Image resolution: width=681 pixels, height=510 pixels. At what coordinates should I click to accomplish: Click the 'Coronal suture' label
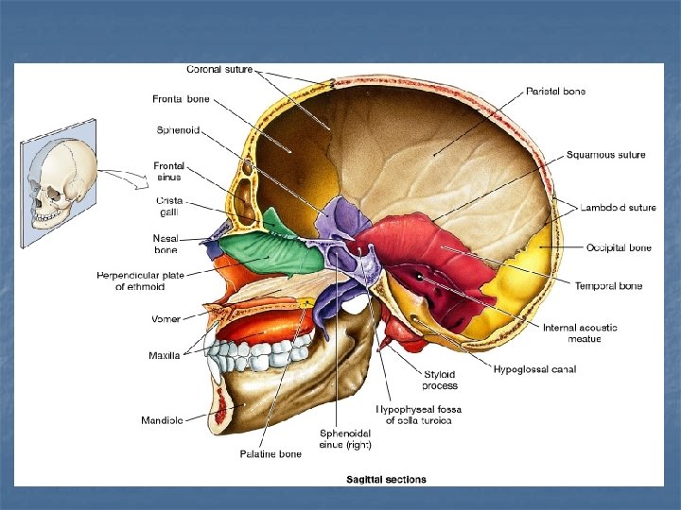[219, 69]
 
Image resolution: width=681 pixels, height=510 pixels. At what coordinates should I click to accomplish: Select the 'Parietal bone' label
[555, 92]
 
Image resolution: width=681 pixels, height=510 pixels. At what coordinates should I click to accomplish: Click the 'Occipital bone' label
[619, 247]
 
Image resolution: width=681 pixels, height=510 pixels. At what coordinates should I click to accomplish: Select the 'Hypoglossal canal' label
[534, 368]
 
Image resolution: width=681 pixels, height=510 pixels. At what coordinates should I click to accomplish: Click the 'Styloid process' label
[441, 380]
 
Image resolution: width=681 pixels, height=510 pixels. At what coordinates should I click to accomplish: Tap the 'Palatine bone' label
[271, 453]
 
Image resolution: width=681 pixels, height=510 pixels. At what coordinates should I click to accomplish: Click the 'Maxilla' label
[165, 355]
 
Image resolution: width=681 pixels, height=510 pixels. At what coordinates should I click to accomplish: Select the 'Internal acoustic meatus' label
[580, 333]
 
